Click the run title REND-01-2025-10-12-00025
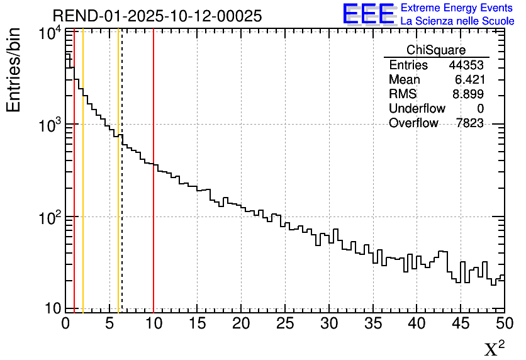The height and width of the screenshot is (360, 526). coord(157,16)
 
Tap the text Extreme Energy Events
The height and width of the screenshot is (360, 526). coord(457,8)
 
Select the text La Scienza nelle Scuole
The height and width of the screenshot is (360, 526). coord(457,21)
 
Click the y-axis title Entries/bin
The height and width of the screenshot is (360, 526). coord(14,70)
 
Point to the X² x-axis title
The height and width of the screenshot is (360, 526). coord(494,348)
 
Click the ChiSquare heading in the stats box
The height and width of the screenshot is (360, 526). coord(436,50)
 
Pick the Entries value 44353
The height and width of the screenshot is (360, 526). coord(466,65)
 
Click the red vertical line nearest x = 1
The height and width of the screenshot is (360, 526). coord(74,189)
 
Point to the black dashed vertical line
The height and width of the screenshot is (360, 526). coord(121,189)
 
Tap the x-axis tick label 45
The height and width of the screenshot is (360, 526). coord(461,323)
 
